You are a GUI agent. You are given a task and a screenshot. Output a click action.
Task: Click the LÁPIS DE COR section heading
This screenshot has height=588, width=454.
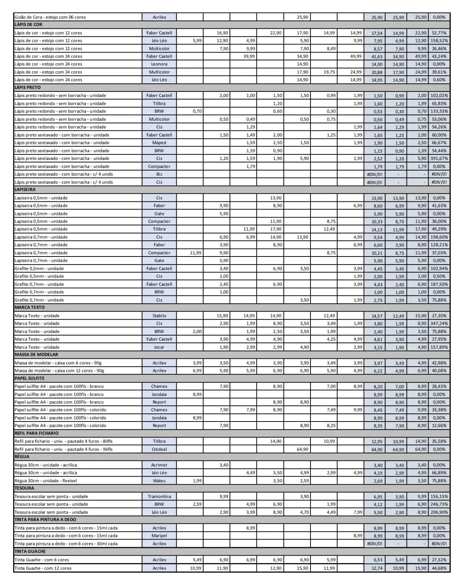(29, 25)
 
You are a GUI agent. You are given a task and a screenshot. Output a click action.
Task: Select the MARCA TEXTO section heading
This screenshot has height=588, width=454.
(30, 307)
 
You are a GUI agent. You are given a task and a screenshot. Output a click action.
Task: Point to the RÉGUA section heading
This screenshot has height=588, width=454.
(22, 457)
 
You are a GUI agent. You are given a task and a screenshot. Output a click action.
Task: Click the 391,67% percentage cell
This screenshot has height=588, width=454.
(439, 158)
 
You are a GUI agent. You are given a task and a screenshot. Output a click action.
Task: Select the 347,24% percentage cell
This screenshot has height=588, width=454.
(439, 323)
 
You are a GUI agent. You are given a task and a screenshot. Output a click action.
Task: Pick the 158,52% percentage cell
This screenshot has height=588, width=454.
(439, 41)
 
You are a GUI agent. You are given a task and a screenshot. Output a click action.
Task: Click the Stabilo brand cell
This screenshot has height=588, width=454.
(159, 316)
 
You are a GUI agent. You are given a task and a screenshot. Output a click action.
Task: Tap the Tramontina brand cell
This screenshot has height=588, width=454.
(159, 496)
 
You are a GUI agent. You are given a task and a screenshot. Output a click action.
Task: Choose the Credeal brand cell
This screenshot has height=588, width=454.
(159, 449)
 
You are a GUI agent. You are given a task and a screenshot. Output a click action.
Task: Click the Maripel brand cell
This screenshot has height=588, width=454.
(159, 536)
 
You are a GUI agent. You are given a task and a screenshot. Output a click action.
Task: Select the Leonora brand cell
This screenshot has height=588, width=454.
(159, 64)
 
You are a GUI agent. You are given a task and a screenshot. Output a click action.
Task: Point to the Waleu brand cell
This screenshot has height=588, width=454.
(159, 481)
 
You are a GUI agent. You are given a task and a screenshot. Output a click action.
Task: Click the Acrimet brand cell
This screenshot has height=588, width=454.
(159, 465)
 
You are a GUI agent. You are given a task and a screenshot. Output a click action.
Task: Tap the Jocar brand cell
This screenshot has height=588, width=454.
(159, 347)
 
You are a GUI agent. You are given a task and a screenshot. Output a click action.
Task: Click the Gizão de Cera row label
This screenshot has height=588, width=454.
(50, 17)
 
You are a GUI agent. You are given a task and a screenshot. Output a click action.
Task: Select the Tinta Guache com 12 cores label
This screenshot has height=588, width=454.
(43, 568)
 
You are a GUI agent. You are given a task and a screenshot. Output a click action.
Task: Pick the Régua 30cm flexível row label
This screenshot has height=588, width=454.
(46, 481)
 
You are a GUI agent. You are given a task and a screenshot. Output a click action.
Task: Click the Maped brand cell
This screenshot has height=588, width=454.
(159, 143)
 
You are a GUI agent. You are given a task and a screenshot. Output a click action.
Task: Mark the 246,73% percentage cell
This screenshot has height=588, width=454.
(439, 504)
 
